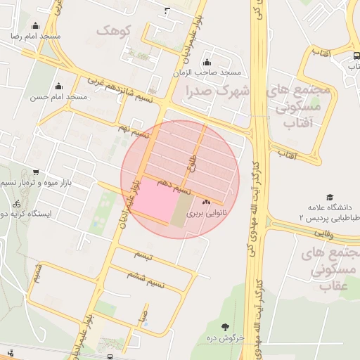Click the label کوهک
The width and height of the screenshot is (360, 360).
tap(115, 31)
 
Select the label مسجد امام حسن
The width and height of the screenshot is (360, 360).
tap(58, 97)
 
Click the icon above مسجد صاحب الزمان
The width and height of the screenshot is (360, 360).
tap(207, 62)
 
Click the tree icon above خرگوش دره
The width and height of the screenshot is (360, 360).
tap(224, 327)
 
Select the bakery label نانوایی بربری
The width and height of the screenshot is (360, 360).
tap(207, 212)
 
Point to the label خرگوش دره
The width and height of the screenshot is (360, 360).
tap(224, 338)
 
